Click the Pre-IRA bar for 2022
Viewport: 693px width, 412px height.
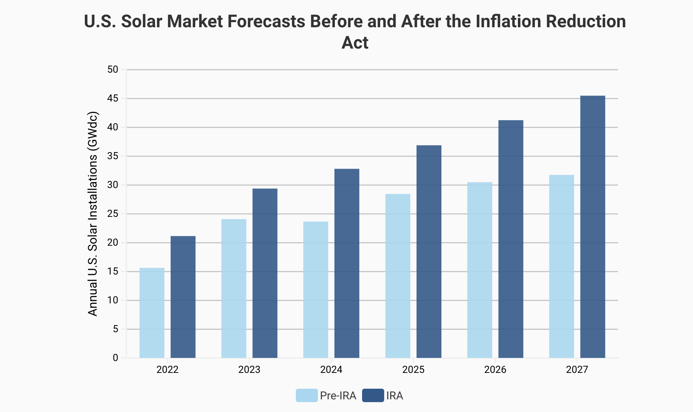pos(152,313)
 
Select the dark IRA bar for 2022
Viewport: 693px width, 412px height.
pos(183,297)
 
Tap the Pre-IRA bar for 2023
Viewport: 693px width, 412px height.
pos(233,288)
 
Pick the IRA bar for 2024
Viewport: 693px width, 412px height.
pos(347,263)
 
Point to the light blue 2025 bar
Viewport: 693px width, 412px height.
pos(398,276)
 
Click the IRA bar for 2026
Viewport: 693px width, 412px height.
pos(511,239)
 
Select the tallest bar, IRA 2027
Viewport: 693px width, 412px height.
pos(592,227)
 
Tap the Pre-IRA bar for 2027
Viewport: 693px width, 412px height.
pos(561,266)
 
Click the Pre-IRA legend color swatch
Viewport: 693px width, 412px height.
pos(306,395)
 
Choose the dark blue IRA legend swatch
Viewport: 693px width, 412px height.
pos(373,395)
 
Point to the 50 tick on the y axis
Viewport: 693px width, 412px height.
pos(113,70)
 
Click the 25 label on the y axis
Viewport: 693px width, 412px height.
pos(113,214)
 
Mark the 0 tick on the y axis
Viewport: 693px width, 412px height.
pos(115,358)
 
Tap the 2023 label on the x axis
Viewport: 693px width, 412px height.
pos(249,370)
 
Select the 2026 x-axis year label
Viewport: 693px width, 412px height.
pos(495,370)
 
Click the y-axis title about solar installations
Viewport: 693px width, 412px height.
pos(93,213)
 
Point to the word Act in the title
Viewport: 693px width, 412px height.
pos(355,43)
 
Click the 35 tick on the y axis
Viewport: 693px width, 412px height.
pos(113,156)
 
